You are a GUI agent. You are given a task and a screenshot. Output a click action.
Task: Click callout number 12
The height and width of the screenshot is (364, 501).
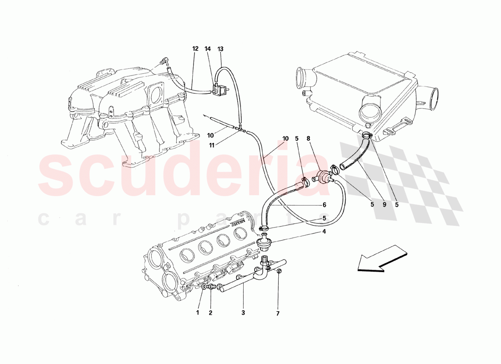coord(195,49)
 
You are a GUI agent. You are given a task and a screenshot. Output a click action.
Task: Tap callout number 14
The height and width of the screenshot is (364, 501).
coord(208,49)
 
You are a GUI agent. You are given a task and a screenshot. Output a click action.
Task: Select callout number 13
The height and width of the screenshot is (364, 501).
coord(220,49)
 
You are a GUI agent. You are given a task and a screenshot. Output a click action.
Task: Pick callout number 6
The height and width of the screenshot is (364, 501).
coord(324,205)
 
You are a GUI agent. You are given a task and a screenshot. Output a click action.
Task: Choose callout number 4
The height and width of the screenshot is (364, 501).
coord(324,232)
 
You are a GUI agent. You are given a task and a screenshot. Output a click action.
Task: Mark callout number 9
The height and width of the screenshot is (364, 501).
coord(384,205)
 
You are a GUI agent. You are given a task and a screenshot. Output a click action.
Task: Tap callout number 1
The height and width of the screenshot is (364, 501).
coord(198,313)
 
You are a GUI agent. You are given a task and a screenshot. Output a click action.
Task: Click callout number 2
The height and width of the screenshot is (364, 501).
coord(210,313)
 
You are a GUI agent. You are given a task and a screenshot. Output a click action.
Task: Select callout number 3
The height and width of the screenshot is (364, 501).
coord(243,313)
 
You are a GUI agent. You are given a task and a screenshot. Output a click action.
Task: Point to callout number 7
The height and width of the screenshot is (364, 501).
coord(278,313)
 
